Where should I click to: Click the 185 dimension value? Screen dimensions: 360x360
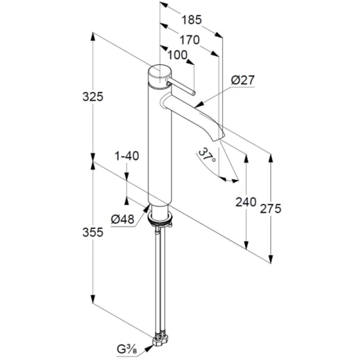coord(191,20)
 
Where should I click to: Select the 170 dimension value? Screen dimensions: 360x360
coord(190,41)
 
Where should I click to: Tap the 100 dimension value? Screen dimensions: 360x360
coord(178,55)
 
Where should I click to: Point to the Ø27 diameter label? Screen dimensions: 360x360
coord(243,79)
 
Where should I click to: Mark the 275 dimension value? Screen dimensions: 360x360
coord(271,208)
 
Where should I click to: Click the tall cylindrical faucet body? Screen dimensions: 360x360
coord(159,144)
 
